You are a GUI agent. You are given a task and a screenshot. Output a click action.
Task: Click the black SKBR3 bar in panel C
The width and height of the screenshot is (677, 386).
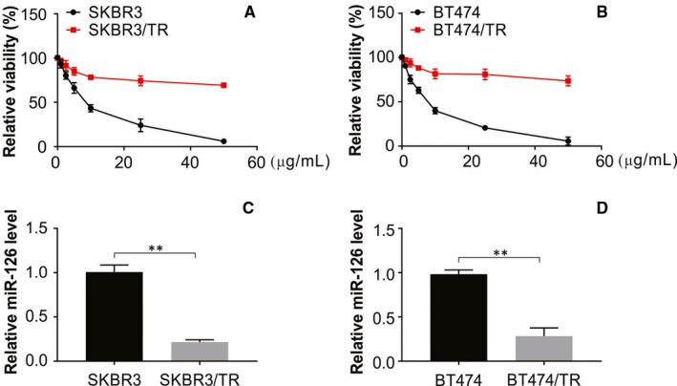tap(114, 316)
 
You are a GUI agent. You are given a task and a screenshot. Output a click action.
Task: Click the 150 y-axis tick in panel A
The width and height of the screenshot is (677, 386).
tap(34, 14)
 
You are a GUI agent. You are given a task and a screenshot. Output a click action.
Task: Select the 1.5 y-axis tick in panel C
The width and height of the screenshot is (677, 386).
tap(35, 228)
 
